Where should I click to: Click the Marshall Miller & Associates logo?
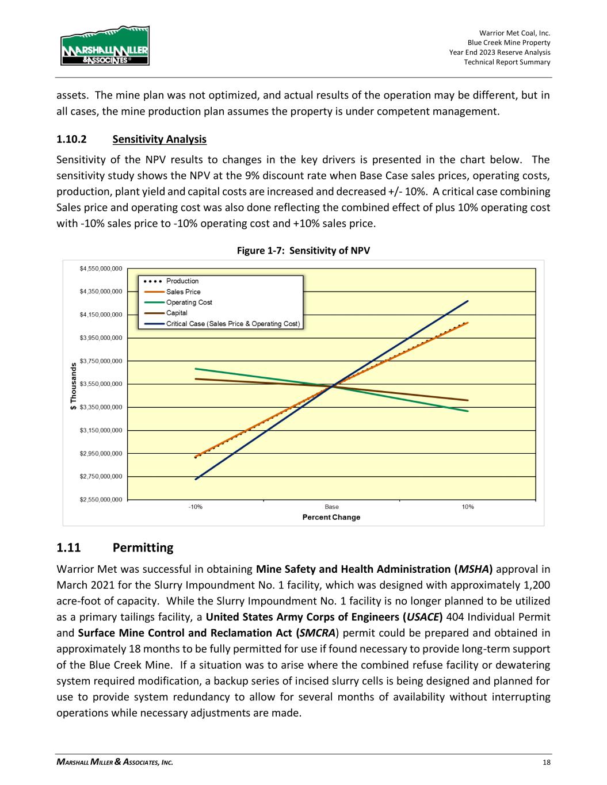pyautogui.click(x=105, y=45)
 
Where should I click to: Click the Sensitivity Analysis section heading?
pyautogui.click(x=159, y=139)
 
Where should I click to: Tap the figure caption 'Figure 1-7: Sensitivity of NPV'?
pyautogui.click(x=303, y=251)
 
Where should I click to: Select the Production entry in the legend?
pyautogui.click(x=182, y=281)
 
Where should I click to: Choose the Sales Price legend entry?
pyautogui.click(x=183, y=292)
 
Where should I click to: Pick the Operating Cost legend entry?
pyautogui.click(x=189, y=302)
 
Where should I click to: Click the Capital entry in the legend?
pyautogui.click(x=177, y=313)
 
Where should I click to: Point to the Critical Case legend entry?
pyautogui.click(x=232, y=324)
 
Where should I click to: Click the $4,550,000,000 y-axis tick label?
pyautogui.click(x=101, y=269)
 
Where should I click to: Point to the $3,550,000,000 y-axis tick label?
pyautogui.click(x=101, y=384)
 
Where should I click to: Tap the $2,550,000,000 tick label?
pyautogui.click(x=101, y=500)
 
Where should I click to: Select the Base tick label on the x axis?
pyautogui.click(x=331, y=507)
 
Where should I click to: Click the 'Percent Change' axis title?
pyautogui.click(x=331, y=518)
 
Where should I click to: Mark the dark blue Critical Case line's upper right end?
pyautogui.click(x=468, y=301)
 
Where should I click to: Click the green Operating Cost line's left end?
pyautogui.click(x=196, y=369)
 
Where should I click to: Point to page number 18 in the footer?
pyautogui.click(x=546, y=763)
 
